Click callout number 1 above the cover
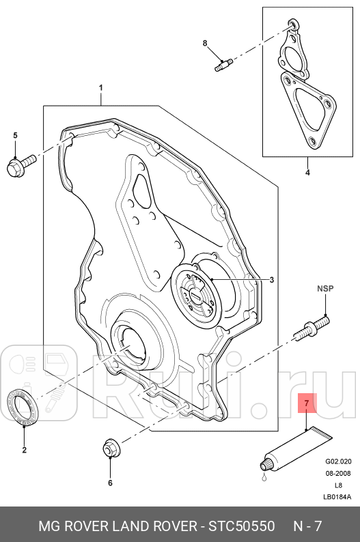tap(100, 88)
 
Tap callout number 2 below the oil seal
tap(25, 449)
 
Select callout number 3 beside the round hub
tap(271, 280)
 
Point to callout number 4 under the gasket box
tap(307, 172)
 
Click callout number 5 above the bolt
tap(15, 135)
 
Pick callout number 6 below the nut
tap(109, 483)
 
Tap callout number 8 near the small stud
tap(204, 44)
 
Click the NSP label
tap(324, 289)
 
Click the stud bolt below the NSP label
tap(311, 326)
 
